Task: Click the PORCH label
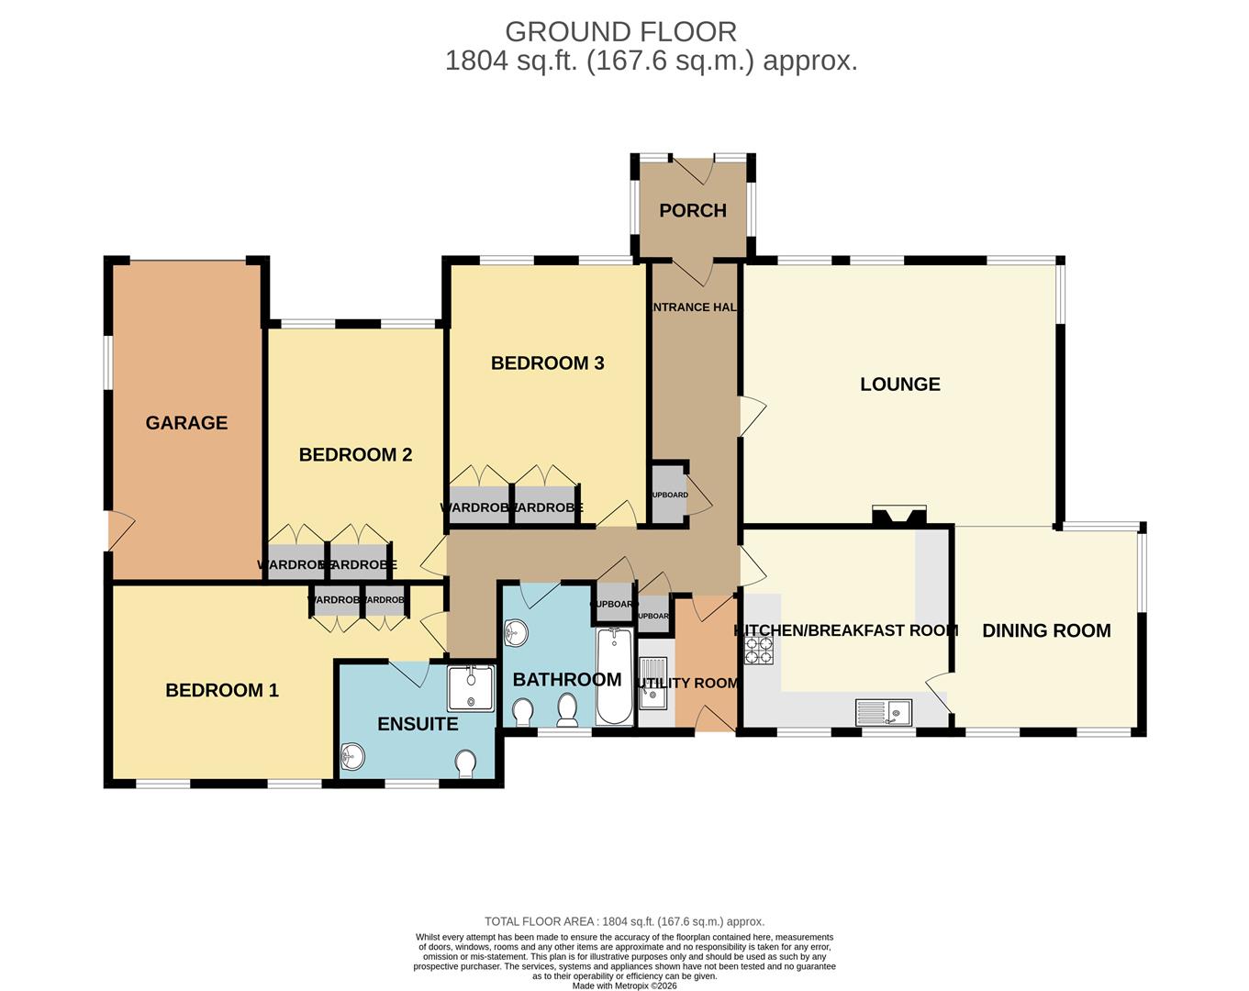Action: [693, 210]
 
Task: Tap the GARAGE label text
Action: [186, 422]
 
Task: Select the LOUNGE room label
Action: [899, 384]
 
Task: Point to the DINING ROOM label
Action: [1046, 630]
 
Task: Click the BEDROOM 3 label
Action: [547, 362]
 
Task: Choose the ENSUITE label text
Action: [418, 723]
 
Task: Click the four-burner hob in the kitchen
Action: [759, 650]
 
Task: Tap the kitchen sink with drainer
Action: [883, 711]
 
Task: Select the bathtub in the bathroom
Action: [614, 676]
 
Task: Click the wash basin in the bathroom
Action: [517, 632]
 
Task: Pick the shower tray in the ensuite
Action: [470, 688]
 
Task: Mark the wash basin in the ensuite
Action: [352, 758]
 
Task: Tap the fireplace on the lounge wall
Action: [898, 517]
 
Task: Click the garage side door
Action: [119, 531]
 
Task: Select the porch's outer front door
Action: [693, 169]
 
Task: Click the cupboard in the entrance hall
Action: [669, 495]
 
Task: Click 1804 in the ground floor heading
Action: [475, 61]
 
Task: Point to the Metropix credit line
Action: [624, 985]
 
